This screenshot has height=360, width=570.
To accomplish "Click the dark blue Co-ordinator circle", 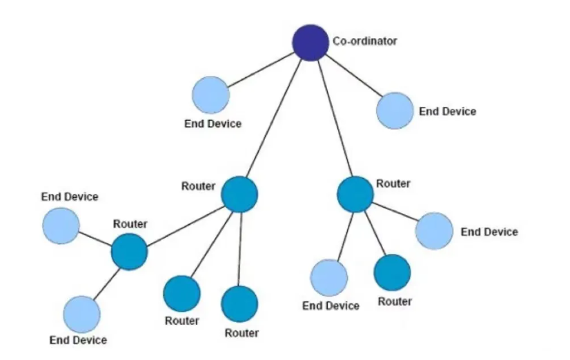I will (310, 42).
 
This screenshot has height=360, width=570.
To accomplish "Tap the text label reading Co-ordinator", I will (365, 41).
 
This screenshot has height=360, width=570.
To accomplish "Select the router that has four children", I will (239, 194).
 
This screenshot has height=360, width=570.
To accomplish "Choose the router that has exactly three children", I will (355, 194).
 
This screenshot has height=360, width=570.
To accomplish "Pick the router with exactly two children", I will (129, 252).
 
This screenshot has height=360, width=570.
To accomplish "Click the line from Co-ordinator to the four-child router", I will (275, 118).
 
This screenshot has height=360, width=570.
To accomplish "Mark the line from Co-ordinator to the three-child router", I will (333, 118).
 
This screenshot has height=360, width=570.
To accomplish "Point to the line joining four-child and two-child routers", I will (184, 223).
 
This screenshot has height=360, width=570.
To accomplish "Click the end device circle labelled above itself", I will (60, 225).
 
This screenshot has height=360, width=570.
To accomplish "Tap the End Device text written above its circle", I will (70, 197).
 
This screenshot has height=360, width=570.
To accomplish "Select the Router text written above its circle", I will (130, 223).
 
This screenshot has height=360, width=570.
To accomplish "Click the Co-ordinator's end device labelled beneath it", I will (210, 94).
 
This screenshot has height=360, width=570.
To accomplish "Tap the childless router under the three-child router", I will (392, 272).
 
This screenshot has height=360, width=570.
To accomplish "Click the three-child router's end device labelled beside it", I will (435, 231).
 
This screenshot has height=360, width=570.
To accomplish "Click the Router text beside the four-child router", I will (198, 186).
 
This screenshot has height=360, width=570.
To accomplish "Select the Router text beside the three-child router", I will (393, 183).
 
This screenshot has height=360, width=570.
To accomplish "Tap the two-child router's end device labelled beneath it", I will (81, 314).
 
